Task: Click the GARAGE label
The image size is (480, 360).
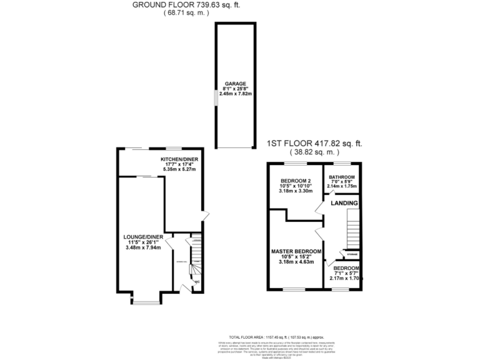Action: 235,83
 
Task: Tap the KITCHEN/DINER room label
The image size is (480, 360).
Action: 179,159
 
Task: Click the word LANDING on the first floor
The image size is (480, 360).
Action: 344,204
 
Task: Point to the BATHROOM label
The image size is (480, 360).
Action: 342,177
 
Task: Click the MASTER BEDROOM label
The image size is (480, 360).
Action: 296,251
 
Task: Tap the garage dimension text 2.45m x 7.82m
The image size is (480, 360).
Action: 235,93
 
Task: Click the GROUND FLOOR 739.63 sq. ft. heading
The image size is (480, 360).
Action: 186,6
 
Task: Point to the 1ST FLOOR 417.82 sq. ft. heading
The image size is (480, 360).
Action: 314,143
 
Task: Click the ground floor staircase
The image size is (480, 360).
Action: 195,253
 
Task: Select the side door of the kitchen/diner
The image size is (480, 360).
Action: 202,216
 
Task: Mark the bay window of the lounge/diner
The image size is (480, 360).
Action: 145,302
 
